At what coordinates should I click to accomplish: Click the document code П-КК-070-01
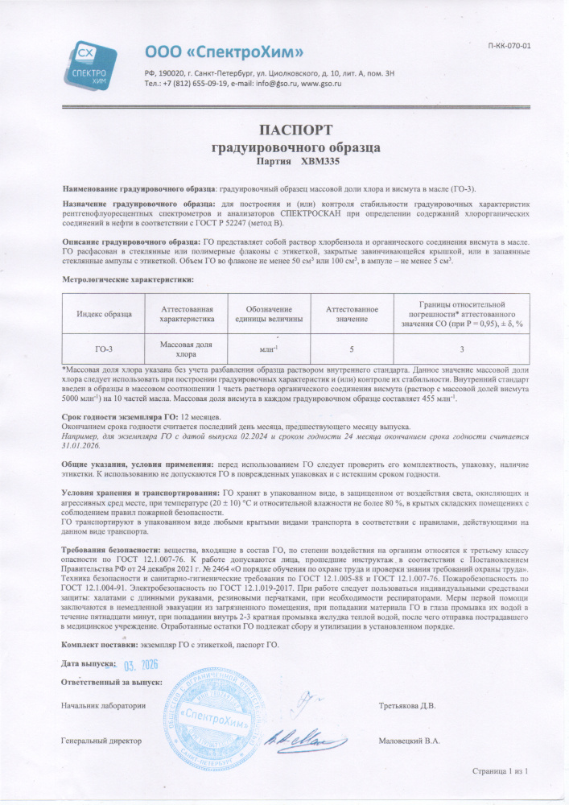[509, 46]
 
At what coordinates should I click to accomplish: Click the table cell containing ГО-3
[105, 349]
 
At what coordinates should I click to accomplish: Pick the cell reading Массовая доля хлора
[187, 349]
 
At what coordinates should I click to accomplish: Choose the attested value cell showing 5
[352, 349]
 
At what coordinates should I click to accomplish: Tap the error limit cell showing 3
[462, 349]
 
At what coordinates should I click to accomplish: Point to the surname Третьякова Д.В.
[406, 706]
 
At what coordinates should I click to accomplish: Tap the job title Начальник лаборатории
[103, 706]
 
